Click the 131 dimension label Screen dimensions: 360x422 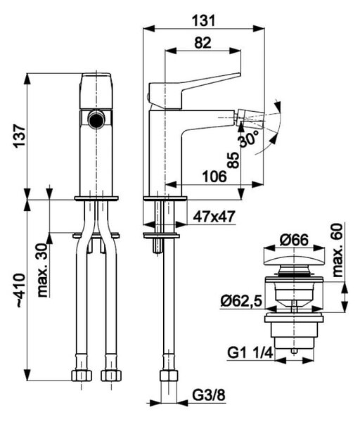point(204,20)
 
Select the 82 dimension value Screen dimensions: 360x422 point(202,43)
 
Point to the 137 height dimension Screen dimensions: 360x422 point(20,136)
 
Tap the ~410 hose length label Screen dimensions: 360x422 point(21,290)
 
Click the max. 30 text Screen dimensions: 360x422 point(42,271)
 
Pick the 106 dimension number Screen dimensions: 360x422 point(214,177)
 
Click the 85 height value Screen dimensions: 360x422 point(233,160)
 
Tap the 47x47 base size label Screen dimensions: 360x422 point(214,217)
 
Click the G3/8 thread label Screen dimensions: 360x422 point(209,396)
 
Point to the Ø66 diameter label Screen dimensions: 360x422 point(294,240)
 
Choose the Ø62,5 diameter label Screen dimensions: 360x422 point(241,301)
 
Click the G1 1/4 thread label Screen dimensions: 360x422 point(250,353)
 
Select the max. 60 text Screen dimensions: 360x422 point(337,250)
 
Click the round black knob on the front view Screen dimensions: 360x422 point(96,120)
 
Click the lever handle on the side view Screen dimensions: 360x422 point(194,91)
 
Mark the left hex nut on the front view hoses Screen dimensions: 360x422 point(82,376)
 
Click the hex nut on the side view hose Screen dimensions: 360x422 point(169,375)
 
